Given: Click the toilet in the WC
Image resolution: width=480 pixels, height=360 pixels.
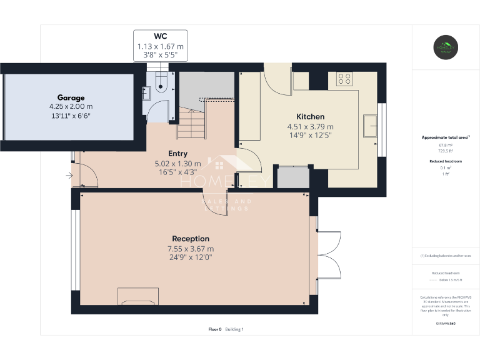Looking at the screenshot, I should tap(162, 82).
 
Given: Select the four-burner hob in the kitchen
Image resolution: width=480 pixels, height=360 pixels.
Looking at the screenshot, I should tap(344, 79).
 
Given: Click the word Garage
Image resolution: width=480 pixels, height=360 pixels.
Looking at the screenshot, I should tap(71, 97).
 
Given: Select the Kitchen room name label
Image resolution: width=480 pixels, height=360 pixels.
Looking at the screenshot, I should tap(310, 117).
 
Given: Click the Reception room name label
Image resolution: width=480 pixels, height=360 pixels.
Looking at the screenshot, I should tap(191, 239).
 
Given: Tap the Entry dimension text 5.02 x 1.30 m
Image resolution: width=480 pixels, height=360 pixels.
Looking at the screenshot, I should tap(177, 164).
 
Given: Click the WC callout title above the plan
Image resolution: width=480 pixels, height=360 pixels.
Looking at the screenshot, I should tap(161, 36).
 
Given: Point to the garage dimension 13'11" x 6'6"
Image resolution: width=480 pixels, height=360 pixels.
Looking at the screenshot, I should tap(71, 116).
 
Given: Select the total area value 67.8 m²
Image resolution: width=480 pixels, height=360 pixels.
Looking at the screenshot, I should tap(446, 145).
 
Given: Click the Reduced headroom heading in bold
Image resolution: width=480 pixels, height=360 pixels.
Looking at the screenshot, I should tap(446, 161).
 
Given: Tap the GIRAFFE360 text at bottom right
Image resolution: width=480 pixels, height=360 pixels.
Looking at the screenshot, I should tap(446, 323).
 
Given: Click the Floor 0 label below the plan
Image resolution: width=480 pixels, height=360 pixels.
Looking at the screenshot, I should tap(215, 329).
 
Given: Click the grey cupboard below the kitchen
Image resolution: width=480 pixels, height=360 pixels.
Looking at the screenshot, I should tap(292, 177).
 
